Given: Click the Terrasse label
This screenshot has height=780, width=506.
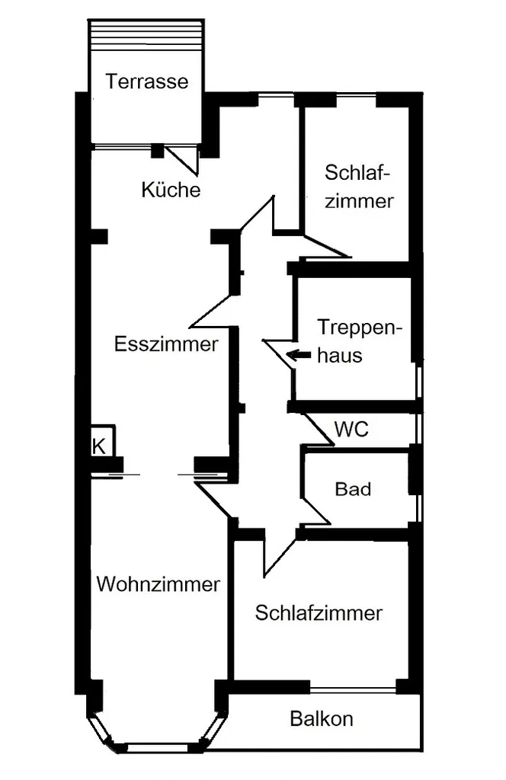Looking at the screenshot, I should point(147,81).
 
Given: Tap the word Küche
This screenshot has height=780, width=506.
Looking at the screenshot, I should point(171,190).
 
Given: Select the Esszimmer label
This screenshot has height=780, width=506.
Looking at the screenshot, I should point(166,344).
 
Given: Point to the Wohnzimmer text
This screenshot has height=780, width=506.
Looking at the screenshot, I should point(159,584).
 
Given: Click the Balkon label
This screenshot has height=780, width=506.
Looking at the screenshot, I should point(322,718).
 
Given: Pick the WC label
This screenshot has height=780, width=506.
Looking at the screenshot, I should point(351,430).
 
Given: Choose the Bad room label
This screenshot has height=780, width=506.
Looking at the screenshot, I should point(353,488).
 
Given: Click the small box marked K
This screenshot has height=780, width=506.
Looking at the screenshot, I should point(100,446).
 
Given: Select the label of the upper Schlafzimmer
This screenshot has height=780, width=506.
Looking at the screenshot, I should point(358,186).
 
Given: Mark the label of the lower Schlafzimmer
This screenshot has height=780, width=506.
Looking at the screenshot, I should point(319,613).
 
